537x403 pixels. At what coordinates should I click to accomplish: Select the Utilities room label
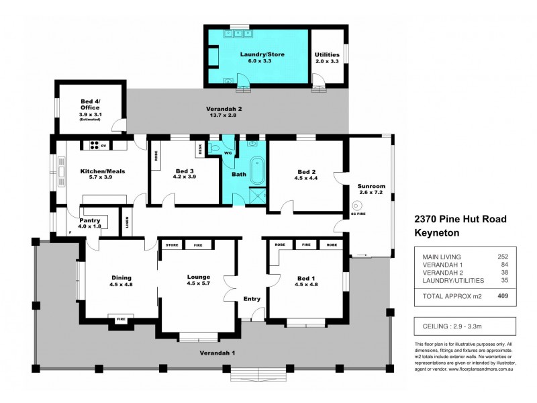pos(327,54)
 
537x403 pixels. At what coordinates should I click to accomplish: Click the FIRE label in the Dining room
pos(121,319)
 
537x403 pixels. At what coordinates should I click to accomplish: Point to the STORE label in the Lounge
pos(172,245)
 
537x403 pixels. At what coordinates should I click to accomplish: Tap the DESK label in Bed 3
pos(199,149)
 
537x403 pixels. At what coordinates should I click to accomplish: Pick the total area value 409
pos(500,295)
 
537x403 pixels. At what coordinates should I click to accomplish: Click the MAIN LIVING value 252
pos(502,257)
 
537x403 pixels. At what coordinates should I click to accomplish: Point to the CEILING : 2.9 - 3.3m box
pos(464,326)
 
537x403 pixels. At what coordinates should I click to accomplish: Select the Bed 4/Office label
pos(89,103)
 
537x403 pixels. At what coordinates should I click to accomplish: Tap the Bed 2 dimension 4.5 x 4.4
pos(307,179)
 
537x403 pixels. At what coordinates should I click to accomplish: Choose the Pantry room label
pos(90,220)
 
